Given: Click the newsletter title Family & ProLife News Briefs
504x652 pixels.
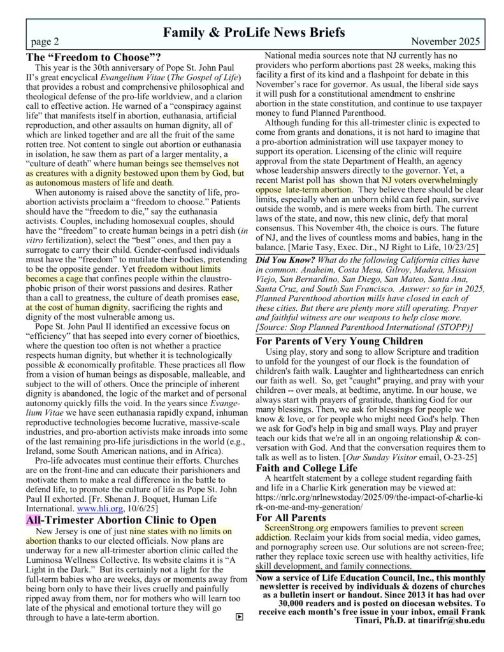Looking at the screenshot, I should tap(254, 31).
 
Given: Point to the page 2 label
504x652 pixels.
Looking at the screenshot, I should tap(45, 42).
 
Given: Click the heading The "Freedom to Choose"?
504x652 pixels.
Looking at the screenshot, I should tap(92, 56).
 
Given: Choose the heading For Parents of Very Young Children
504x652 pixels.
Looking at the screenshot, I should tap(340, 341).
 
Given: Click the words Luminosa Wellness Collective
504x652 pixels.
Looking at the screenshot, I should tap(76, 562).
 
